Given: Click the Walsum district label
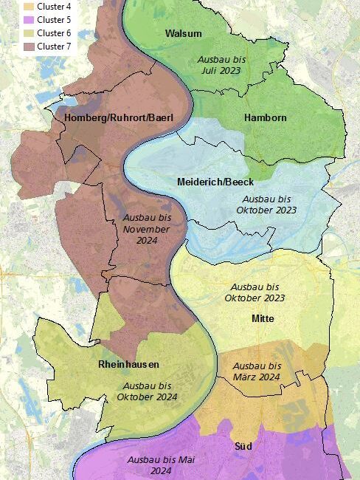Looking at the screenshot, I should click(x=183, y=34).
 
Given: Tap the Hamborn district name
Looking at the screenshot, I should click(x=265, y=117).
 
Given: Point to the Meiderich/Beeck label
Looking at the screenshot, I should click(x=215, y=182).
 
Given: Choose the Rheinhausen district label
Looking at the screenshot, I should click(x=128, y=365).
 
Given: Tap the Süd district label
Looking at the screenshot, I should click(x=243, y=447).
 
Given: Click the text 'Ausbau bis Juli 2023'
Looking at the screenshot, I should click(x=222, y=64).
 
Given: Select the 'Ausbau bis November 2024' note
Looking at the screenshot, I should click(x=146, y=229).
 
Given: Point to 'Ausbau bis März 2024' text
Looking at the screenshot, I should click(x=256, y=371).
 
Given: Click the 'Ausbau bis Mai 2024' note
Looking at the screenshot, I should click(x=160, y=464).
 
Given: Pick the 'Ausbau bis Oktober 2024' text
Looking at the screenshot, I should click(x=148, y=391).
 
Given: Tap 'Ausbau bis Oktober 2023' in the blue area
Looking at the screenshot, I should click(x=266, y=205).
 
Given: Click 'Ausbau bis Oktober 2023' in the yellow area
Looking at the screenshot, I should click(x=254, y=292).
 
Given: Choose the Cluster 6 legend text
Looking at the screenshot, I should click(x=54, y=33).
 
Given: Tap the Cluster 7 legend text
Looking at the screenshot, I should click(x=54, y=47).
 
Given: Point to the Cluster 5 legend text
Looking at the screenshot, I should click(x=54, y=20).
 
